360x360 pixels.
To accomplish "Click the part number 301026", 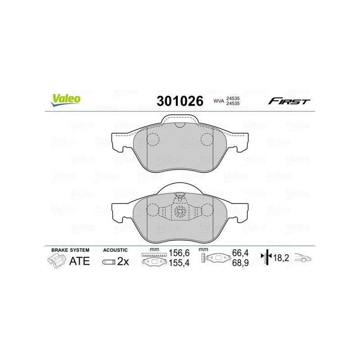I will (x=180, y=101).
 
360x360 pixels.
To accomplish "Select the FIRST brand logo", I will (x=289, y=101).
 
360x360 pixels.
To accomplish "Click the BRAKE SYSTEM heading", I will (x=70, y=249).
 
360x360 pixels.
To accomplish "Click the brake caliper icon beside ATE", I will (x=56, y=261).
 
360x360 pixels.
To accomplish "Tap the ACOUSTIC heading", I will (x=116, y=249).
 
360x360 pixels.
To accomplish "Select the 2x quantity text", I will (x=123, y=261).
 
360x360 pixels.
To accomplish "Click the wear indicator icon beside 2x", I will (x=108, y=262).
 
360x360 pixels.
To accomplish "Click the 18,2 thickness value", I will (x=282, y=258).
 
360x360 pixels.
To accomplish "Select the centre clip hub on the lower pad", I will (x=180, y=213).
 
